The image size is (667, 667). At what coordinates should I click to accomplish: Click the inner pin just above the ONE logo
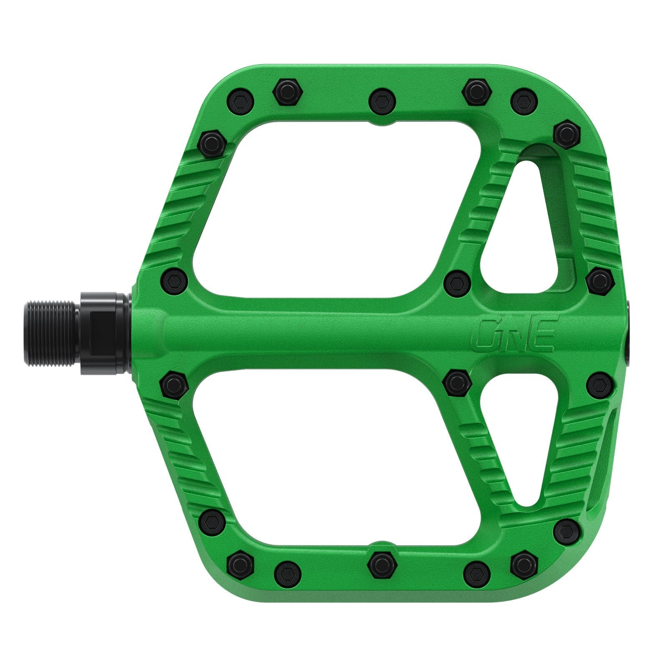coord(457,283)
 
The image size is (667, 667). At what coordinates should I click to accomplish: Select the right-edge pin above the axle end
coord(599,280)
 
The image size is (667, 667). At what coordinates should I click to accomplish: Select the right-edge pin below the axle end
coord(599,384)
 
